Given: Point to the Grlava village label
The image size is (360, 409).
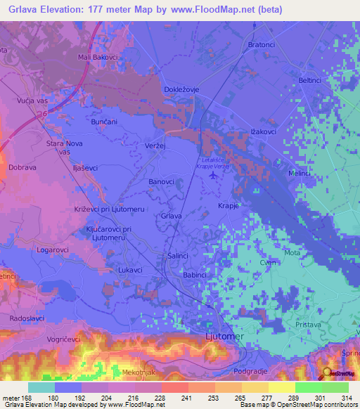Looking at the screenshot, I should coord(172,216).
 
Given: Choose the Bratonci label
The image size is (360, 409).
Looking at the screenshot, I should coord(262,45).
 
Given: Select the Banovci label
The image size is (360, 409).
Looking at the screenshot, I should coord(161,182).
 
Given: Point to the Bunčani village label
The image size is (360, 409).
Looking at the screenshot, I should coord(104,122).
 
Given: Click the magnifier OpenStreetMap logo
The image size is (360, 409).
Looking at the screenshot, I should coord(328,373).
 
